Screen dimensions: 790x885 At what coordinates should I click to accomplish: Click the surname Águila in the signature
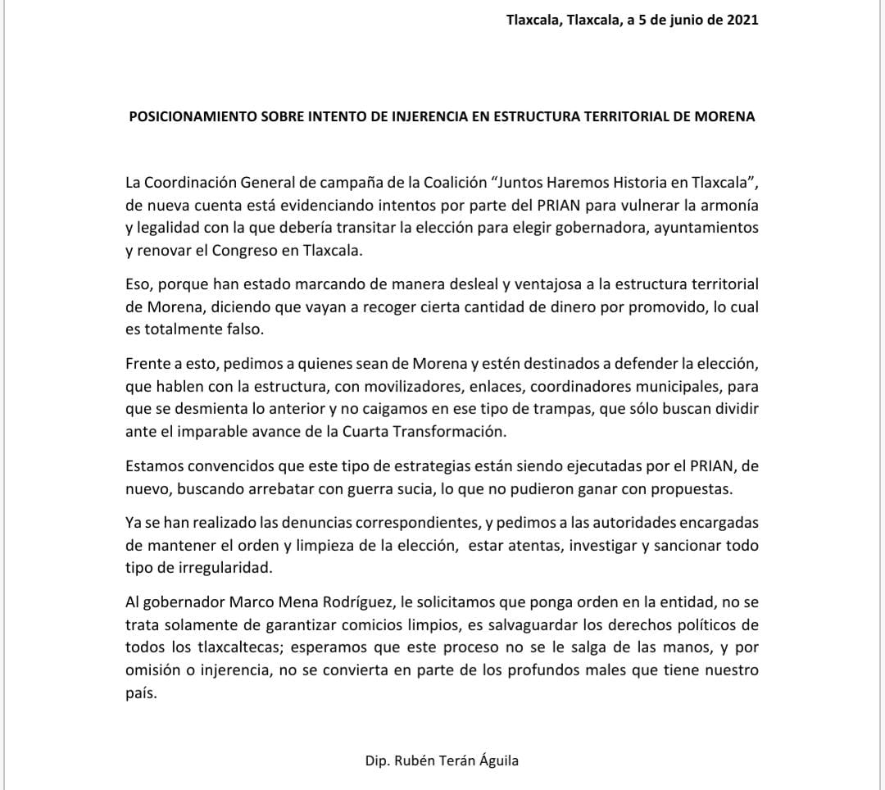coord(495,760)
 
